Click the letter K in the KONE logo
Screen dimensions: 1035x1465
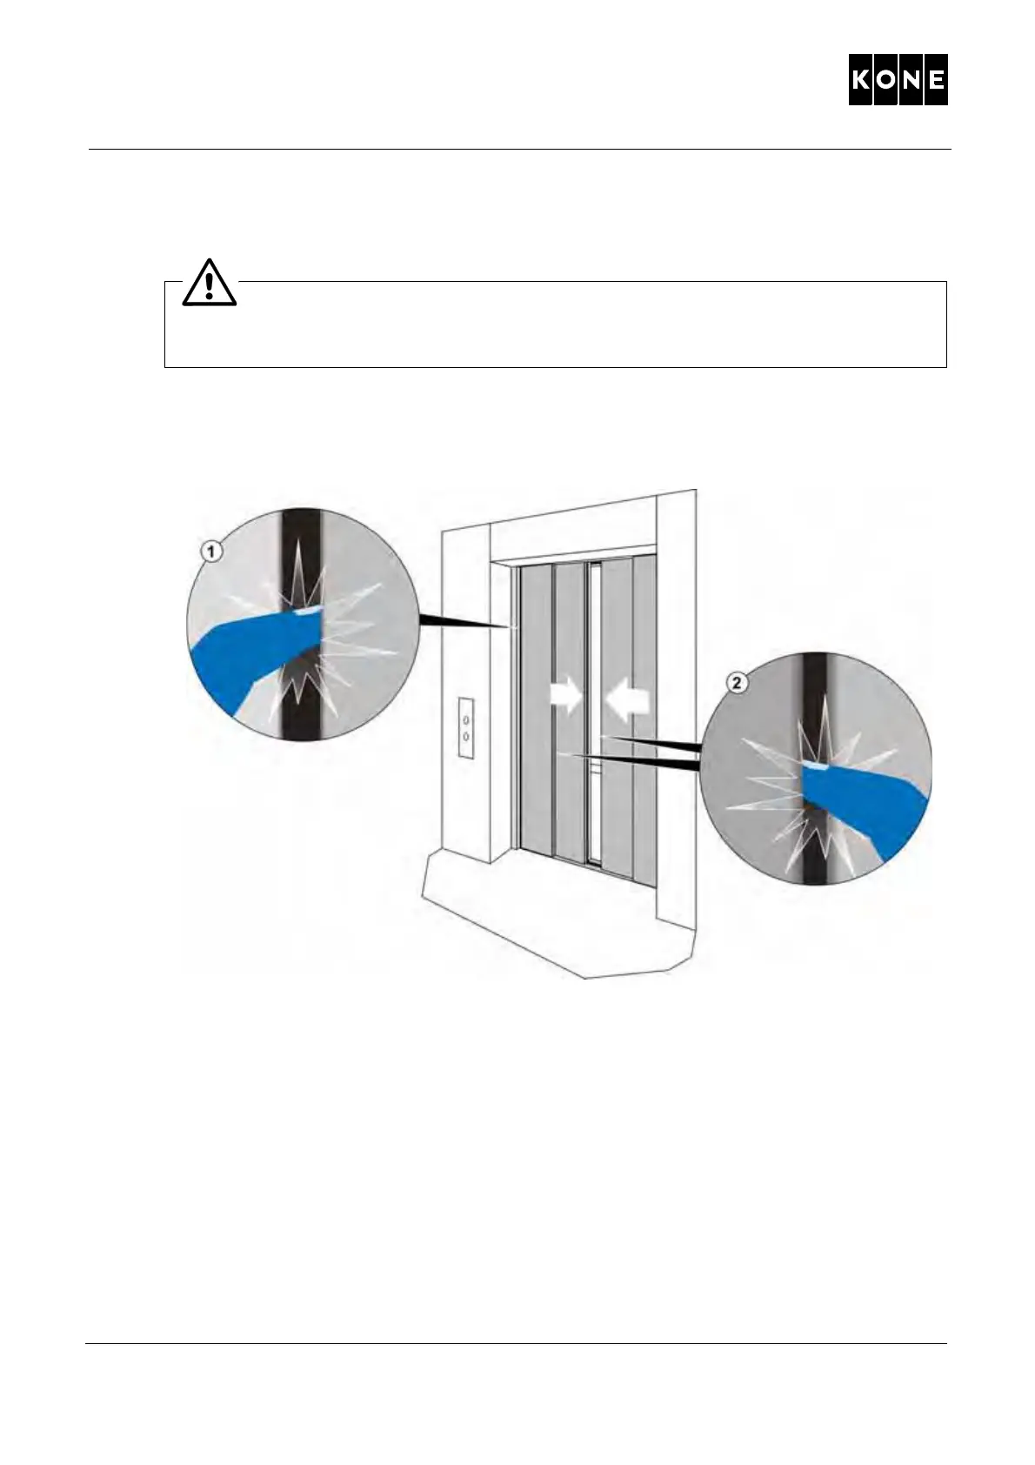(x=862, y=80)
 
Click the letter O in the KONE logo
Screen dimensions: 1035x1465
(x=886, y=80)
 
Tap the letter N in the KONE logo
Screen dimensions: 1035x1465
(x=911, y=80)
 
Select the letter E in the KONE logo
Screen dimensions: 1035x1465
(x=935, y=80)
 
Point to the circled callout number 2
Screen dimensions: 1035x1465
(x=738, y=683)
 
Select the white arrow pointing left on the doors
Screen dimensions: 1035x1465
(x=628, y=699)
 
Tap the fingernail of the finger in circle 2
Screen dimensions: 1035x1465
(x=814, y=766)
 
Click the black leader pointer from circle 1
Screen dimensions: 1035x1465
(x=461, y=621)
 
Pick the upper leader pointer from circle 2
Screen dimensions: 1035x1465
(x=661, y=742)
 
